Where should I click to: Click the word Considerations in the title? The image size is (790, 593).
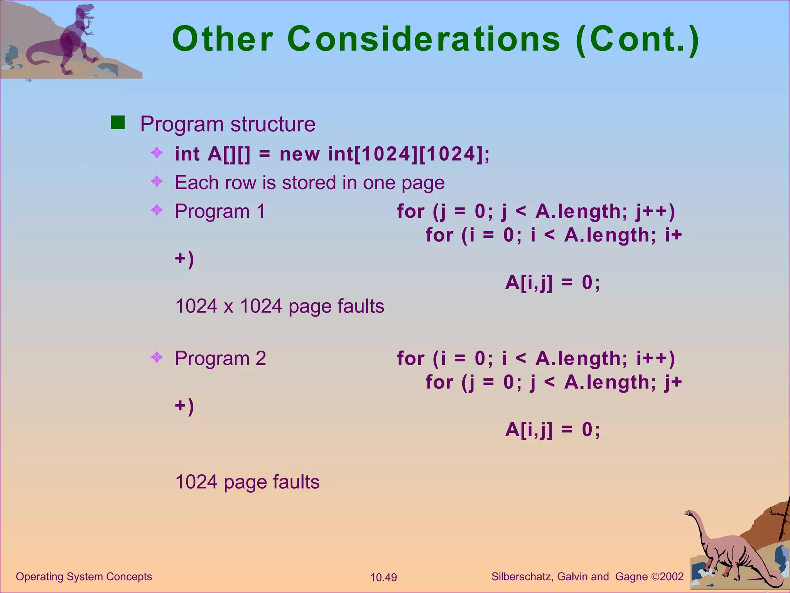(424, 39)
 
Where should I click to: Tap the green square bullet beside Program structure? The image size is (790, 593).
(118, 122)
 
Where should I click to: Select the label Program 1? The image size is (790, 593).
(220, 211)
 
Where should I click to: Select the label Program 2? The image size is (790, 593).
(220, 358)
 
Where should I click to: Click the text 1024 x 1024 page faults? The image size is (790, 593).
(279, 306)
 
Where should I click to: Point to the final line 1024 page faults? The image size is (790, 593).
(247, 482)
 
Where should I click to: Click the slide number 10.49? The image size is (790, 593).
(383, 578)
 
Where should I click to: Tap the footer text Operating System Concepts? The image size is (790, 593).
(84, 576)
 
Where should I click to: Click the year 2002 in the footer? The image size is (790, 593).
(672, 577)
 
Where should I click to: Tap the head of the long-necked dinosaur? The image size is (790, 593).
(689, 513)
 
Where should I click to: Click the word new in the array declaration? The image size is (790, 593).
(299, 154)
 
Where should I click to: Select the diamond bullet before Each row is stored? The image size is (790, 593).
(157, 181)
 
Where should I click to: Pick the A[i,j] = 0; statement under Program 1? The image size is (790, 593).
(552, 283)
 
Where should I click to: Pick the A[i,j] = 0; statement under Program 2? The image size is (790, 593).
(552, 429)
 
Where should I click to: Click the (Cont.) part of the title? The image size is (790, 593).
(637, 39)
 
